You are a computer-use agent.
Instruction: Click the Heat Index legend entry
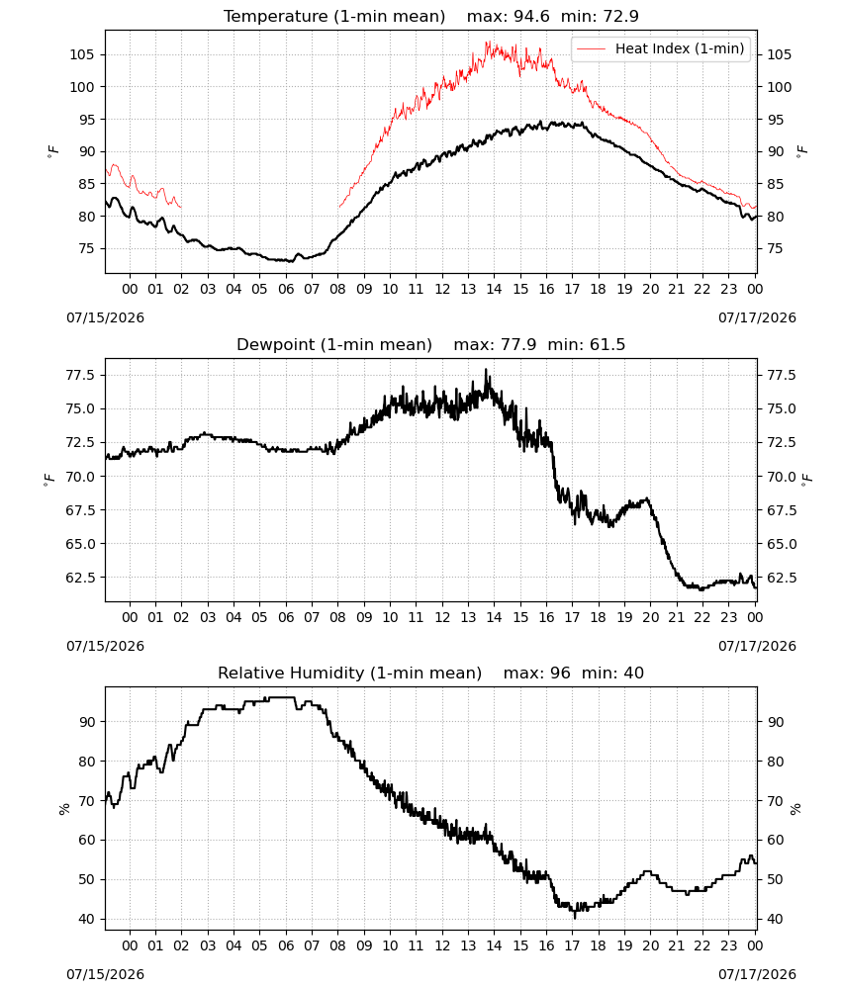click(x=661, y=48)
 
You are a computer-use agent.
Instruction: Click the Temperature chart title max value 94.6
click(x=531, y=17)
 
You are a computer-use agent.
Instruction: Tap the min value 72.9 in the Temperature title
click(x=620, y=17)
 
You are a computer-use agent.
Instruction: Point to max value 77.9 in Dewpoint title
click(x=518, y=345)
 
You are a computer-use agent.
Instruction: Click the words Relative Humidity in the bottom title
click(x=292, y=673)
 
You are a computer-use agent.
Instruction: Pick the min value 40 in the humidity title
click(x=633, y=673)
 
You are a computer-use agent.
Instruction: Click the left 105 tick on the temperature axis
click(x=82, y=54)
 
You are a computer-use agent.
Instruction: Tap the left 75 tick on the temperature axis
click(x=86, y=248)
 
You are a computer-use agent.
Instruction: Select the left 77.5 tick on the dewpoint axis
click(x=80, y=375)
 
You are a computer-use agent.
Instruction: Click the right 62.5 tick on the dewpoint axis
click(x=782, y=578)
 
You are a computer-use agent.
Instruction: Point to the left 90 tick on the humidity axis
click(x=86, y=722)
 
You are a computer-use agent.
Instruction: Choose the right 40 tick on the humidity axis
click(x=775, y=919)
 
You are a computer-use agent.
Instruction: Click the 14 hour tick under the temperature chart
click(x=494, y=289)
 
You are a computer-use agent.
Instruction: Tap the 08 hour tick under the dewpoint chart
click(x=337, y=617)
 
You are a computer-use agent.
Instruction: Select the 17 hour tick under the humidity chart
click(x=572, y=945)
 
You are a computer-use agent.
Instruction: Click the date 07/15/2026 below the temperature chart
click(x=105, y=317)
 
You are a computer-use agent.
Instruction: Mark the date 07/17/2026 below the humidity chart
click(x=757, y=974)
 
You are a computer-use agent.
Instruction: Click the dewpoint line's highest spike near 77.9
click(x=486, y=370)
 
